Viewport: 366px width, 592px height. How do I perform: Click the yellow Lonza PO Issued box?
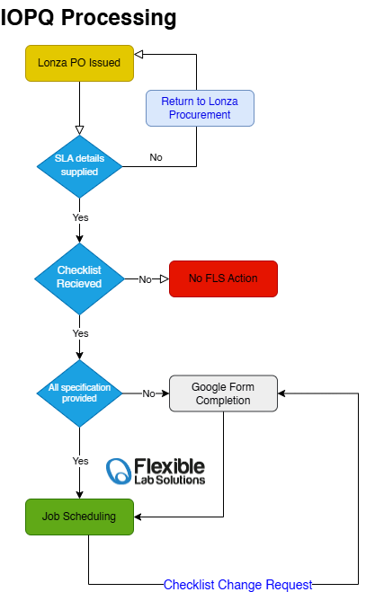79,63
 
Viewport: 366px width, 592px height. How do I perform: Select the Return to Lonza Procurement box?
200,108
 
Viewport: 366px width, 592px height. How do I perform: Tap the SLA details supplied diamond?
79,166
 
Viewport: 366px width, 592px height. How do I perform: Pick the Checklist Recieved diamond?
79,278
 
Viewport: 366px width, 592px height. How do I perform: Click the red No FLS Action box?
223,278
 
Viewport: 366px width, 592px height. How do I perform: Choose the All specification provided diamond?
79,393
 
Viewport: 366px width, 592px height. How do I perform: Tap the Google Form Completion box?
223,393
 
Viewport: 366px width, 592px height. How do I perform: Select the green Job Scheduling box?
79,517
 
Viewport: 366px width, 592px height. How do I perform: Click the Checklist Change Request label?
237,585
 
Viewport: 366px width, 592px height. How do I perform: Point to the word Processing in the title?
119,17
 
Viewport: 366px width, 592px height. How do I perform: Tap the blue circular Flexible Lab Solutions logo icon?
119,471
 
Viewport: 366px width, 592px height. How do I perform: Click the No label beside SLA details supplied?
156,157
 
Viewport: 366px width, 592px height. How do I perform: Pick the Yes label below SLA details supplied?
81,217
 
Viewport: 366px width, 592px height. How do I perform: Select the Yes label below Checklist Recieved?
81,333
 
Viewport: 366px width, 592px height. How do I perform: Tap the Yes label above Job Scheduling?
81,461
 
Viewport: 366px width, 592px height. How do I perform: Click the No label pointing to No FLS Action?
145,279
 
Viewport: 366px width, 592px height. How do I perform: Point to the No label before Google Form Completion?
148,393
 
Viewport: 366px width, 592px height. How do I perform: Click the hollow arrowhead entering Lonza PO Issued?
138,55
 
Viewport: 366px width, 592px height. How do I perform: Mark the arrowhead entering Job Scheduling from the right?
138,517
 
